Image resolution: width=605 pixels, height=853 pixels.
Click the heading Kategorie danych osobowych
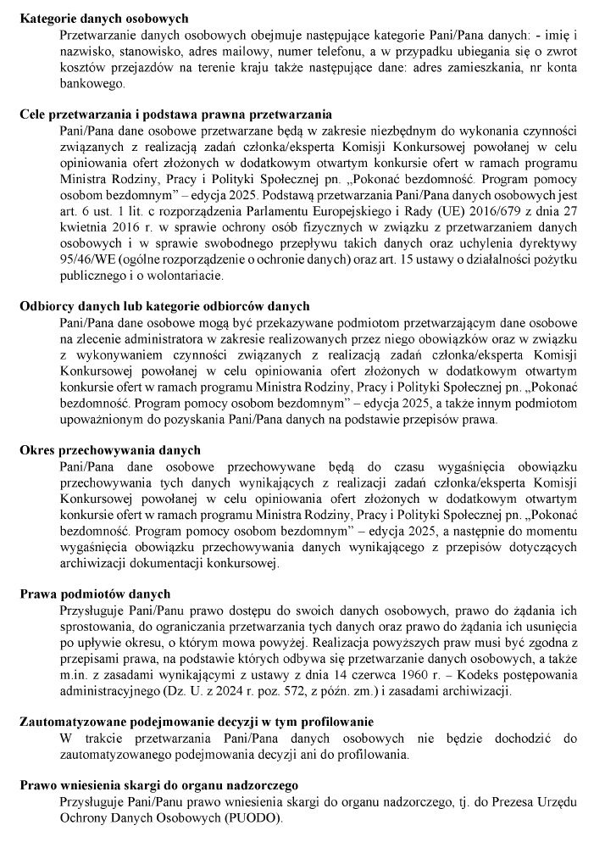[x=104, y=18]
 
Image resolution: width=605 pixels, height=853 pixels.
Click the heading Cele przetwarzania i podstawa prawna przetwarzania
[x=175, y=114]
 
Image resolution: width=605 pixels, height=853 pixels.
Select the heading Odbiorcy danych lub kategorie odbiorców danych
[x=164, y=306]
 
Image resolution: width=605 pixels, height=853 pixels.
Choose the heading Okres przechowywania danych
[x=110, y=449]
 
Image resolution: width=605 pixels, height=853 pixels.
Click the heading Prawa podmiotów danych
[x=95, y=593]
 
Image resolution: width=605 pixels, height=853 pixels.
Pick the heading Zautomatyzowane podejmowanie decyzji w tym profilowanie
[x=197, y=722]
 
